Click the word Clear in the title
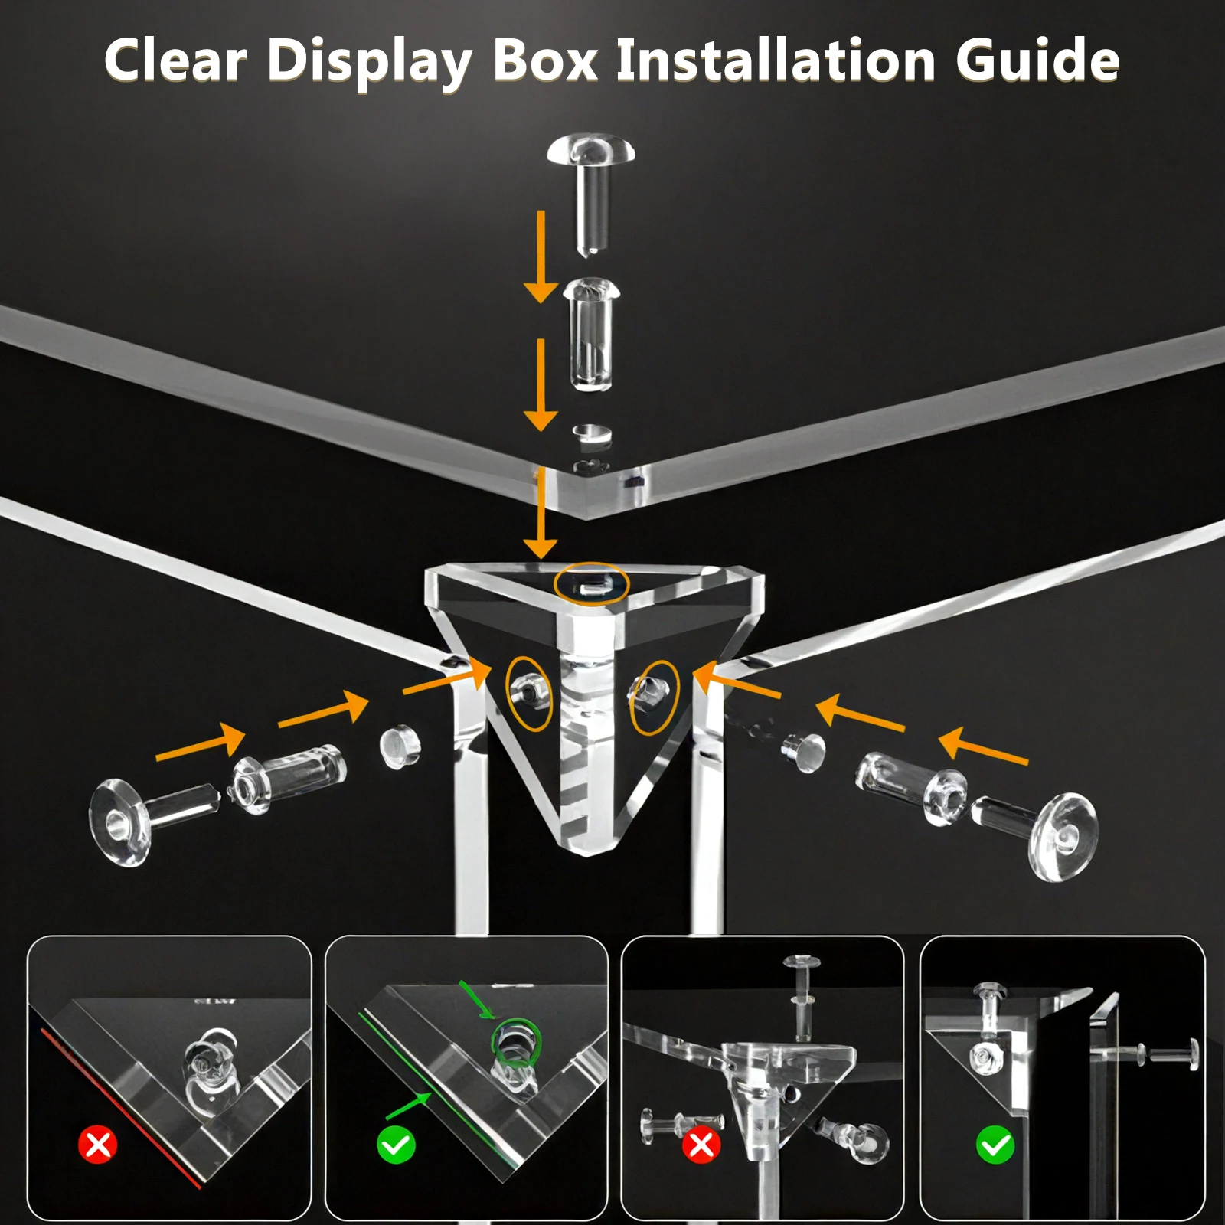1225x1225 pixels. [x=175, y=60]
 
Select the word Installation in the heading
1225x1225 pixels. [x=776, y=60]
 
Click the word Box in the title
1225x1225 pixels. [x=544, y=60]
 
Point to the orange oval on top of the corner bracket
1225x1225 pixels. [x=592, y=585]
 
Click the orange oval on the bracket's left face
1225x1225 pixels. [x=529, y=693]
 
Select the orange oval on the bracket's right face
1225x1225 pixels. [x=654, y=697]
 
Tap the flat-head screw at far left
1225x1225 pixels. [x=153, y=820]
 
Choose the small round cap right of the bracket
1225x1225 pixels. [x=804, y=751]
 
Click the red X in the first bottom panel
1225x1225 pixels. [x=98, y=1145]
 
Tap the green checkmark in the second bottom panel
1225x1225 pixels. [x=396, y=1145]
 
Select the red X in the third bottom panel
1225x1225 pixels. [x=701, y=1145]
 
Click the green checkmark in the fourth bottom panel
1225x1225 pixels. [x=995, y=1145]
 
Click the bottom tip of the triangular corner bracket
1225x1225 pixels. [x=586, y=853]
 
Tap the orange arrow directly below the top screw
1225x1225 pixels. [x=541, y=256]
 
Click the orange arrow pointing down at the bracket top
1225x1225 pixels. [x=541, y=513]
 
